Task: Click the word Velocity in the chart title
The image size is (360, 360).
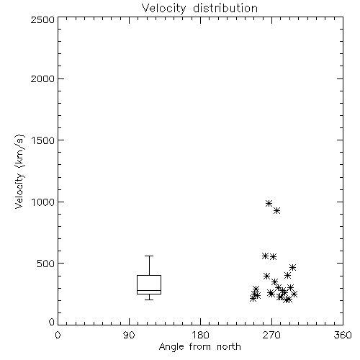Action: pyautogui.click(x=164, y=9)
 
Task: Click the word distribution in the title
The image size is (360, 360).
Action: pyautogui.click(x=225, y=8)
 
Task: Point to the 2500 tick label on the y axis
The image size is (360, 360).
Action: pyautogui.click(x=42, y=19)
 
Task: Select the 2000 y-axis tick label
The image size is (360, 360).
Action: pyautogui.click(x=42, y=78)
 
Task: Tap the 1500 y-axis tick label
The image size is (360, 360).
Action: pyautogui.click(x=43, y=140)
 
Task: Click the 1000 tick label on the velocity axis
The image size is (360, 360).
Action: pyautogui.click(x=43, y=202)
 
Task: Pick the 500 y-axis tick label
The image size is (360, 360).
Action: pyautogui.click(x=46, y=264)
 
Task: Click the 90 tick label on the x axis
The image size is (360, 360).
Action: pyautogui.click(x=129, y=335)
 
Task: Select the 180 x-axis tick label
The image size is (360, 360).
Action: pyautogui.click(x=200, y=335)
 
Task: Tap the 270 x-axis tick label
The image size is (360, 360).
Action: pyautogui.click(x=271, y=335)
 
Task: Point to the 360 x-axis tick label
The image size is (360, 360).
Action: pyautogui.click(x=343, y=335)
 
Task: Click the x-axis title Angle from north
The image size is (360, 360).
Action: pyautogui.click(x=200, y=347)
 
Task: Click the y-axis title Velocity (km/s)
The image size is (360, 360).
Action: pyautogui.click(x=19, y=171)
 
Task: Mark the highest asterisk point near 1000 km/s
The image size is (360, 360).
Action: pyautogui.click(x=269, y=203)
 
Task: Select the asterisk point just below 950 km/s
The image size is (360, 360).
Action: pyautogui.click(x=277, y=211)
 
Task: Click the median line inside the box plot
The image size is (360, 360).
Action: pyautogui.click(x=149, y=290)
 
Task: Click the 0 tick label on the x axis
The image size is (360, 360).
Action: pyautogui.click(x=58, y=335)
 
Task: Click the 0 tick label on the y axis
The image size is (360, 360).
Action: pyautogui.click(x=52, y=322)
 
